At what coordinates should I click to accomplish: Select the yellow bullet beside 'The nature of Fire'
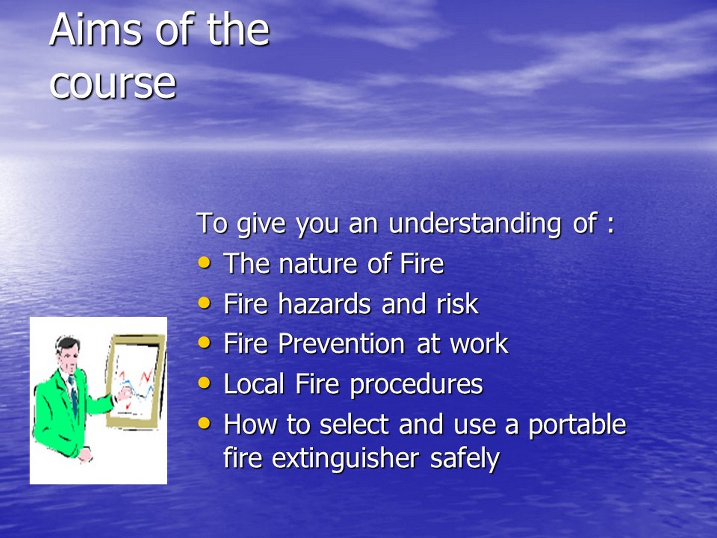pyautogui.click(x=204, y=262)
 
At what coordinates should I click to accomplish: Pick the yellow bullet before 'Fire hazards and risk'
pyautogui.click(x=204, y=302)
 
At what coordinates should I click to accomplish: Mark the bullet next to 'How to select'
pyautogui.click(x=204, y=423)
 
